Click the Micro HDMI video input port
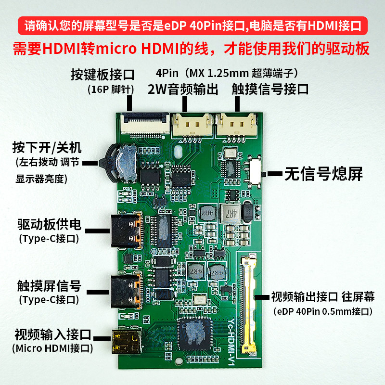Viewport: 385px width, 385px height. point(127,342)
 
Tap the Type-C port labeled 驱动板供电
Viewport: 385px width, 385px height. point(127,231)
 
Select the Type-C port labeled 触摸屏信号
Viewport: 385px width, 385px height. point(127,292)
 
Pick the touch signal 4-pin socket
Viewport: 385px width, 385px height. point(237,125)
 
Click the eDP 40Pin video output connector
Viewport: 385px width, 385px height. point(248,305)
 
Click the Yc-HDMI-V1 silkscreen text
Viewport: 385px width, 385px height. point(232,342)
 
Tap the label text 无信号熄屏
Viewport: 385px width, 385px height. point(323,174)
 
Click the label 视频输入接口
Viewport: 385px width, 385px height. point(53,334)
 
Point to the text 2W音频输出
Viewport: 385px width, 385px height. point(183,89)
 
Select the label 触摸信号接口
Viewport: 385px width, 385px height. point(270,89)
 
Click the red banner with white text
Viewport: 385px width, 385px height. point(192,26)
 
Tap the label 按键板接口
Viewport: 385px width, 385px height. point(103,75)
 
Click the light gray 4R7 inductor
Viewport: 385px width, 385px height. point(231,213)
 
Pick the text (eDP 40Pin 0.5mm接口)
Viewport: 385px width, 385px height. point(322,311)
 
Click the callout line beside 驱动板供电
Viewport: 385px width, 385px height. point(98,231)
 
